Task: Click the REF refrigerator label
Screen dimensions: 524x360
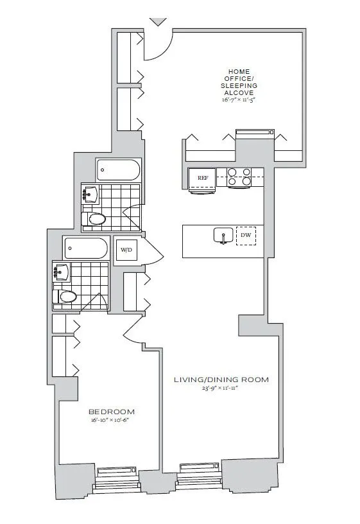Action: coord(202,178)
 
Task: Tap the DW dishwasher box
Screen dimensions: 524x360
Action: coord(245,236)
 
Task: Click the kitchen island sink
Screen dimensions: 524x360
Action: coord(223,236)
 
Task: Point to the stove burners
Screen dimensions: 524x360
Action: coord(238,177)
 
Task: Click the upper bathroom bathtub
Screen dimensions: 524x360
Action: coord(118,170)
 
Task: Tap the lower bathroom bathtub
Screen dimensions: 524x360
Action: coord(86,247)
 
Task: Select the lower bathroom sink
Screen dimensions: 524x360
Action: coord(61,272)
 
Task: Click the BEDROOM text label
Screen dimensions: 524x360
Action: coord(112,412)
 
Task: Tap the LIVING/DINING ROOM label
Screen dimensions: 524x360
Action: coord(221,380)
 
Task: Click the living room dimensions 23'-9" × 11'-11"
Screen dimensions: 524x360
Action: coord(221,389)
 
